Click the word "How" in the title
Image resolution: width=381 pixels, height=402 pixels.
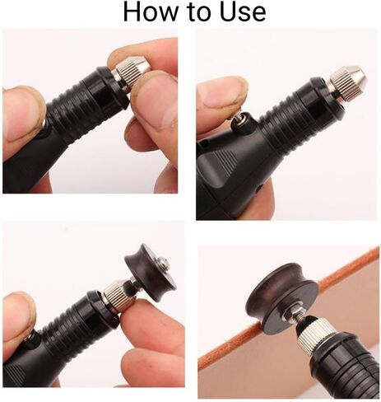149,12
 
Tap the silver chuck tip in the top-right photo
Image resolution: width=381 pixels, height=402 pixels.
349,78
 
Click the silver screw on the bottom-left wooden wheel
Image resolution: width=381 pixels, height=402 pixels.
163,262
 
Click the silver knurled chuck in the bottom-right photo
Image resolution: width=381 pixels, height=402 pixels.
318,336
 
